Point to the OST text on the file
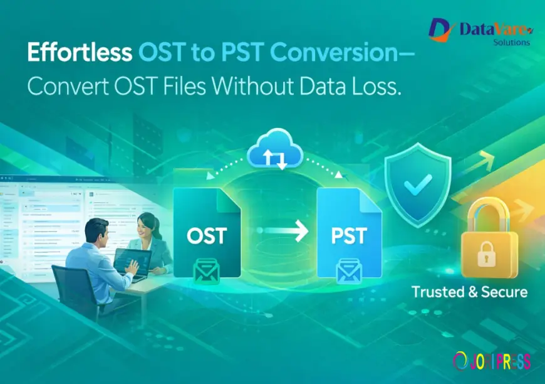(x=207, y=237)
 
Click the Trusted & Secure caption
(x=469, y=292)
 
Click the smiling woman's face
(x=146, y=224)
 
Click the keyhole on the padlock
(x=489, y=256)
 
